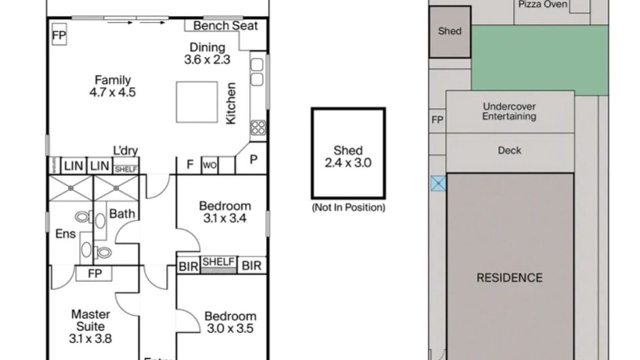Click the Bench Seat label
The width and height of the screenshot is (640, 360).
pyautogui.click(x=225, y=25)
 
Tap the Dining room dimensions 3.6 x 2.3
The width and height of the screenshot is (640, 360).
pyautogui.click(x=207, y=59)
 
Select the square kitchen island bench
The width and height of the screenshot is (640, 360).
pyautogui.click(x=196, y=102)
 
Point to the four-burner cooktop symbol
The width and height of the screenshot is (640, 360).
pyautogui.click(x=258, y=127)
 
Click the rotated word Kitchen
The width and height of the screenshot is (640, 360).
pyautogui.click(x=230, y=103)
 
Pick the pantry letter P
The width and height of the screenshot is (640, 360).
pyautogui.click(x=253, y=159)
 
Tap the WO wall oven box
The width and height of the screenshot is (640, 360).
pyautogui.click(x=209, y=165)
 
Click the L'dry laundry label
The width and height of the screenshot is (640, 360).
pyautogui.click(x=125, y=150)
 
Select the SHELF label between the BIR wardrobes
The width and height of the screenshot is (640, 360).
pyautogui.click(x=218, y=261)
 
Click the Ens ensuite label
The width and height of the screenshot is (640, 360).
pyautogui.click(x=65, y=233)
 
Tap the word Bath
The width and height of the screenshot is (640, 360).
pyautogui.click(x=122, y=214)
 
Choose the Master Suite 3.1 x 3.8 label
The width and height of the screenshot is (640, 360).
pyautogui.click(x=90, y=326)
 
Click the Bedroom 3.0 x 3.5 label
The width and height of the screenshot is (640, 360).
pyautogui.click(x=230, y=322)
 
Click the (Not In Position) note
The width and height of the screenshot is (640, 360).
pyautogui.click(x=348, y=207)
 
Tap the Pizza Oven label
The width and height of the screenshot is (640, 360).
pyautogui.click(x=542, y=4)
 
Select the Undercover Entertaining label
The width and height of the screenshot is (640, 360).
pyautogui.click(x=509, y=111)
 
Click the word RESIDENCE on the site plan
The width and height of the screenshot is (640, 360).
pyautogui.click(x=509, y=277)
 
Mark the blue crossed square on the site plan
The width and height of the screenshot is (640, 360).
pyautogui.click(x=438, y=183)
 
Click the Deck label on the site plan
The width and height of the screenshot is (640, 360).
pyautogui.click(x=509, y=150)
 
